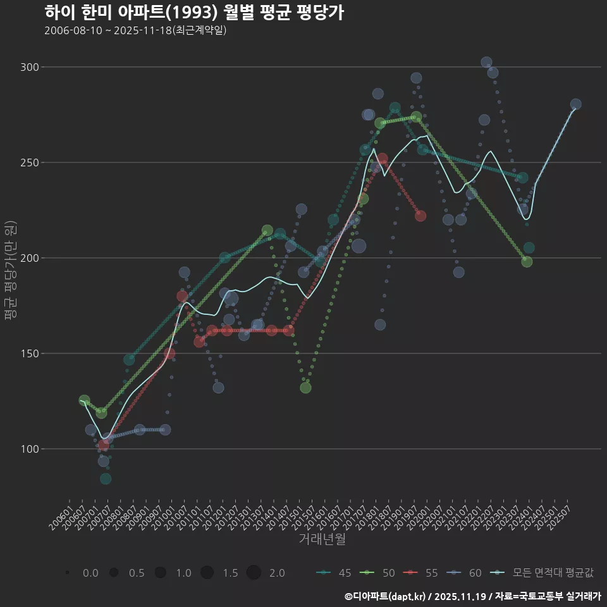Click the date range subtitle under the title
[135, 30]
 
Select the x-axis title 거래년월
[322, 539]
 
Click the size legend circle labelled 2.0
[254, 573]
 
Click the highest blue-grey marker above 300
[486, 63]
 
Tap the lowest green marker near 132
[305, 388]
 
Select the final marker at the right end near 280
[575, 104]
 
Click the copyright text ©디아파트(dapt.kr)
[386, 596]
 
